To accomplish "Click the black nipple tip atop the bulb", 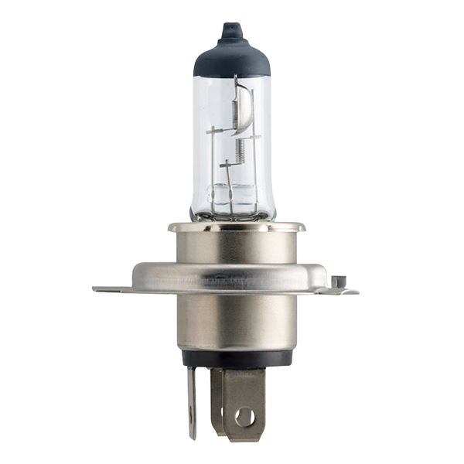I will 228,30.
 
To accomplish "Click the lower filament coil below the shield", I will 240,147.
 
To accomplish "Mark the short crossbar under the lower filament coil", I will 227,164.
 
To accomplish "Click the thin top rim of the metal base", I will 231,226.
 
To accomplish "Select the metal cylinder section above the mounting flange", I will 231,246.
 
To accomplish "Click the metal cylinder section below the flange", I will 231,325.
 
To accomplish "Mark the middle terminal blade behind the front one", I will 217,398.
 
